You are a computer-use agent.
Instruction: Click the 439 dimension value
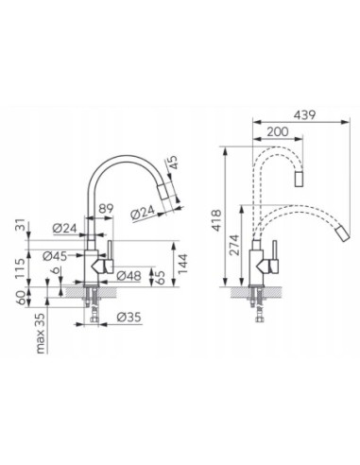point(304,114)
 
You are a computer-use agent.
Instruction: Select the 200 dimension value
point(277,131)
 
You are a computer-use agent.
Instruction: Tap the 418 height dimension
point(216,220)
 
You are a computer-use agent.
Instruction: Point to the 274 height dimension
point(234,245)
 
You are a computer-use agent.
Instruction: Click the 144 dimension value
point(182,264)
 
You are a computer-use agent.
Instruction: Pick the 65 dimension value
point(161,277)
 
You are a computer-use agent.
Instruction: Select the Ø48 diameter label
point(129,276)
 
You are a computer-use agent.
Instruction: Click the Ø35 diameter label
point(129,317)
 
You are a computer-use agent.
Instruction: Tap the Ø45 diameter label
point(55,256)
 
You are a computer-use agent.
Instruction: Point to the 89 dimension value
point(106,209)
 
